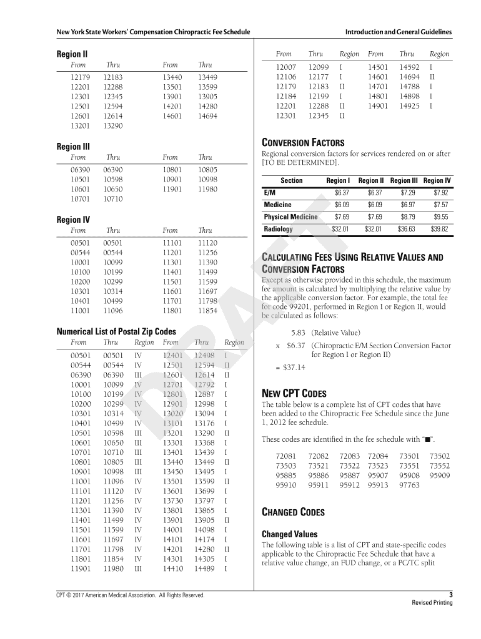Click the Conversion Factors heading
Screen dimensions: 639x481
[x=302, y=143]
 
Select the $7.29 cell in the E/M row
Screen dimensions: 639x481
[x=407, y=193]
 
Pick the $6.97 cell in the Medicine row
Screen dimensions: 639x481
[x=407, y=205]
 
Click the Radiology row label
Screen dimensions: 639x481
[x=278, y=229]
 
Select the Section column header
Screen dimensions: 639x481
[x=291, y=180]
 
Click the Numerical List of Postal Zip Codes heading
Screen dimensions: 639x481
[x=116, y=331]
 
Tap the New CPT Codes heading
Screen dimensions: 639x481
[x=294, y=394]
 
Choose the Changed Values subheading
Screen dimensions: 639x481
[x=289, y=534]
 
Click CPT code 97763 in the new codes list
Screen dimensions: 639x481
[x=409, y=485]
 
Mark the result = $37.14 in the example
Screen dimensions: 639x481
[x=290, y=367]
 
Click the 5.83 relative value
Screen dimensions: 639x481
[x=298, y=333]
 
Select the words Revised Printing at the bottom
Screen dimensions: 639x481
[x=432, y=603]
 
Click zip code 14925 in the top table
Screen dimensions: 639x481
[x=409, y=106]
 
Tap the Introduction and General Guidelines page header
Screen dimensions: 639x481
[x=398, y=32]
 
